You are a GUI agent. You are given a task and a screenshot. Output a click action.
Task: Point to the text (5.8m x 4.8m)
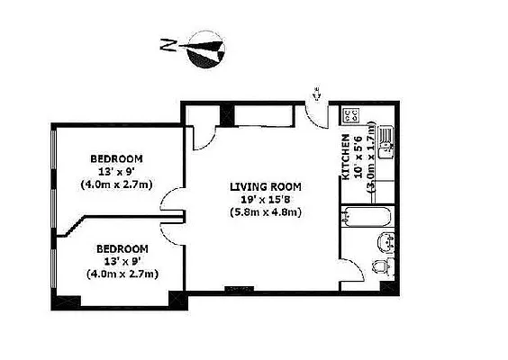click(x=264, y=212)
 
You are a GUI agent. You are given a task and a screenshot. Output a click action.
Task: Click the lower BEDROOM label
click(x=121, y=247)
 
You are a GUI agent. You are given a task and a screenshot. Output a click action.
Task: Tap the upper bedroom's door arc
click(x=171, y=203)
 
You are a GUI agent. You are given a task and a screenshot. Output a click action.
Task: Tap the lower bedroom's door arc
click(x=171, y=226)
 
